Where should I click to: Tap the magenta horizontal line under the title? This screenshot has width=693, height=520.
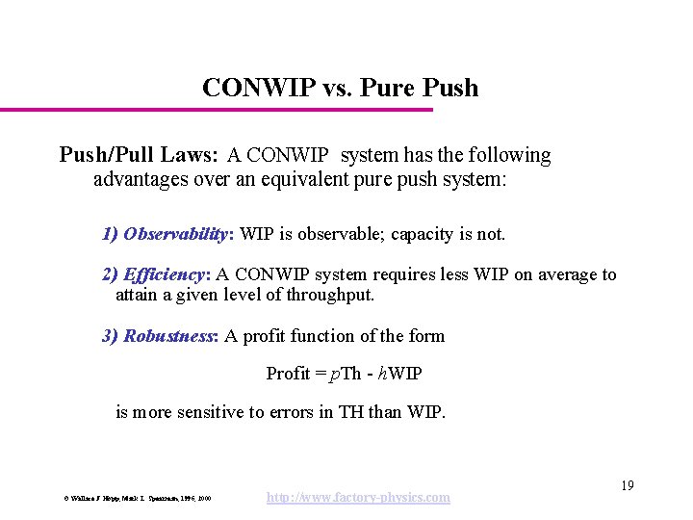(217, 110)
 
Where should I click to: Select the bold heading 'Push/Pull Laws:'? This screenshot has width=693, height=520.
(140, 155)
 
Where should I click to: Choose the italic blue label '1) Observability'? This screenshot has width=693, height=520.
(166, 234)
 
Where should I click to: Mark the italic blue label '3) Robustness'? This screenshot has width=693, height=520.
(160, 336)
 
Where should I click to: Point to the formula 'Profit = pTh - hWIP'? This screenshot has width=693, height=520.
(344, 373)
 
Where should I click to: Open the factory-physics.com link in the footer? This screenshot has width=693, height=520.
(356, 497)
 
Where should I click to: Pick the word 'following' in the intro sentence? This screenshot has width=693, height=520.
(510, 155)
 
